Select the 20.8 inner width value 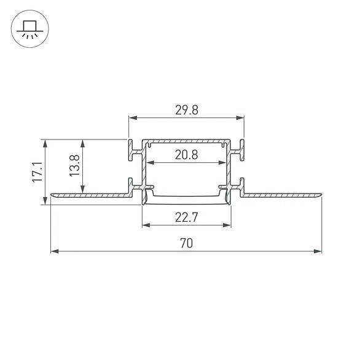[186, 155]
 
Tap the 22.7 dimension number [187, 216]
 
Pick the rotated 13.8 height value [75, 166]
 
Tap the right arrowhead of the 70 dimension [318, 251]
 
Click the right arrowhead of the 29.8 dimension [240, 118]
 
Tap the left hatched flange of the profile [92, 195]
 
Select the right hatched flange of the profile [280, 195]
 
